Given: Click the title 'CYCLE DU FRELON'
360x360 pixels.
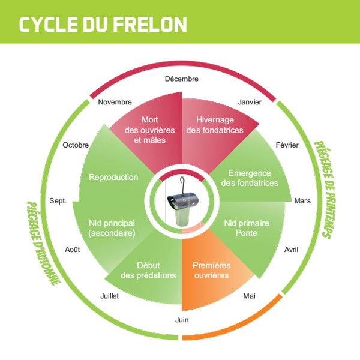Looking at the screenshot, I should pyautogui.click(x=103, y=23).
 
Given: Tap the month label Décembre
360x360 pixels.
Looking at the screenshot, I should pyautogui.click(x=181, y=79).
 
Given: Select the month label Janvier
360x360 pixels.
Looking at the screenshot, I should pyautogui.click(x=250, y=102).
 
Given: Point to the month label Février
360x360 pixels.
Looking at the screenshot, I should pyautogui.click(x=287, y=145).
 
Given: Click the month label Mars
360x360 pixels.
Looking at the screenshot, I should pyautogui.click(x=302, y=200).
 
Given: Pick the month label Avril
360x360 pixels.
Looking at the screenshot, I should pyautogui.click(x=291, y=249).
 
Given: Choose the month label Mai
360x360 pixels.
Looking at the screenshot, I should pyautogui.click(x=248, y=295).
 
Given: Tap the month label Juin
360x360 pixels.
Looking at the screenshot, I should pyautogui.click(x=182, y=320).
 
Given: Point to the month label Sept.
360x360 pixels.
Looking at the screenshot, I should pyautogui.click(x=58, y=200).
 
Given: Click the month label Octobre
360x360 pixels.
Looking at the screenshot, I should pyautogui.click(x=76, y=145).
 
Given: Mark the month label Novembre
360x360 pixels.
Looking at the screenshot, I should pyautogui.click(x=115, y=102).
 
